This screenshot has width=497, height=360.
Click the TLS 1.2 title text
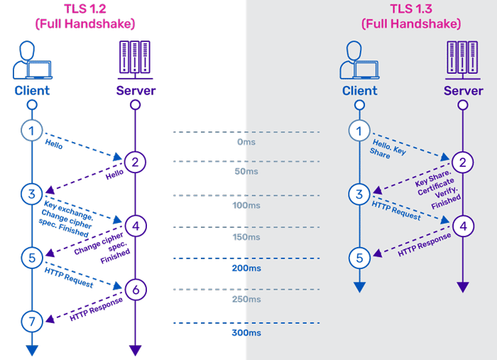click(x=84, y=9)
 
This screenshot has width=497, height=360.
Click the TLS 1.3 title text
click(x=411, y=9)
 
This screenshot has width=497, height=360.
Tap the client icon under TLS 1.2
click(x=32, y=60)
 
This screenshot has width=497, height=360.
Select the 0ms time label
click(x=246, y=142)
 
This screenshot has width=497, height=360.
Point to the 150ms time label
click(x=246, y=237)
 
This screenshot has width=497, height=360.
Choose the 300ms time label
click(x=246, y=333)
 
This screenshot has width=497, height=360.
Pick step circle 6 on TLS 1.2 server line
click(x=135, y=288)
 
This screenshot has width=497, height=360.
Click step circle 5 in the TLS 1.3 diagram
click(x=360, y=258)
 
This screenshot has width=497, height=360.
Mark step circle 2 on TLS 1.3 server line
click(x=463, y=163)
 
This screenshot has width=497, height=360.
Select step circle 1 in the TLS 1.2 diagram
click(x=31, y=130)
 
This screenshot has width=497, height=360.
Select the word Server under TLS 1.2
click(x=135, y=91)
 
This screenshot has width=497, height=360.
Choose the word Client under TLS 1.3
click(x=360, y=91)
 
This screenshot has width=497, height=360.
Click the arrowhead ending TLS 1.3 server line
click(x=463, y=288)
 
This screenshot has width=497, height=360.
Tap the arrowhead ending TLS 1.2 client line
click(x=31, y=350)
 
